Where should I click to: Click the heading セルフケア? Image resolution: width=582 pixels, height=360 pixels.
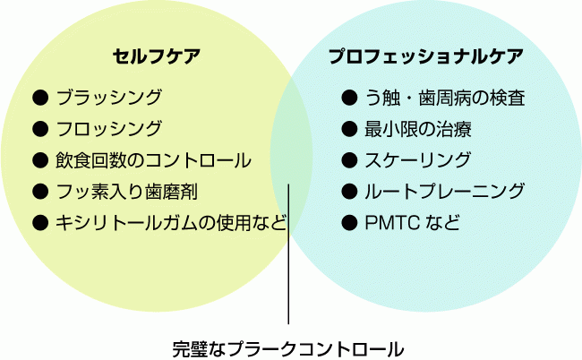156,56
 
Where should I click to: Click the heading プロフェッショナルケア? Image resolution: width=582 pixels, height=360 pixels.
425,56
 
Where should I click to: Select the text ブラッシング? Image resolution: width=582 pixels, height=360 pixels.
108,97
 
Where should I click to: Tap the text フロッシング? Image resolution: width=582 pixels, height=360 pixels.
108,128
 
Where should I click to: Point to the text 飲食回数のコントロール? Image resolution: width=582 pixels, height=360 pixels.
153,160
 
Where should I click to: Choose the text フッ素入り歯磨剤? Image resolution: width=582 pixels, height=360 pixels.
126,191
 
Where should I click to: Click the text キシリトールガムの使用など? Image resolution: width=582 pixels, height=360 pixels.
171,222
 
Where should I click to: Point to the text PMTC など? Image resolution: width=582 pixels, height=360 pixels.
412,222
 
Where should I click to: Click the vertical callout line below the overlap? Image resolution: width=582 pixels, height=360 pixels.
288,269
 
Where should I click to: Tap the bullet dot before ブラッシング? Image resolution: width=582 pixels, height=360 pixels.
39,97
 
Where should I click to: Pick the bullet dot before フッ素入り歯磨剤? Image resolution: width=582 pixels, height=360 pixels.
39,191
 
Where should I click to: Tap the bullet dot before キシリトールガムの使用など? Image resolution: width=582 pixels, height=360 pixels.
39,222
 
